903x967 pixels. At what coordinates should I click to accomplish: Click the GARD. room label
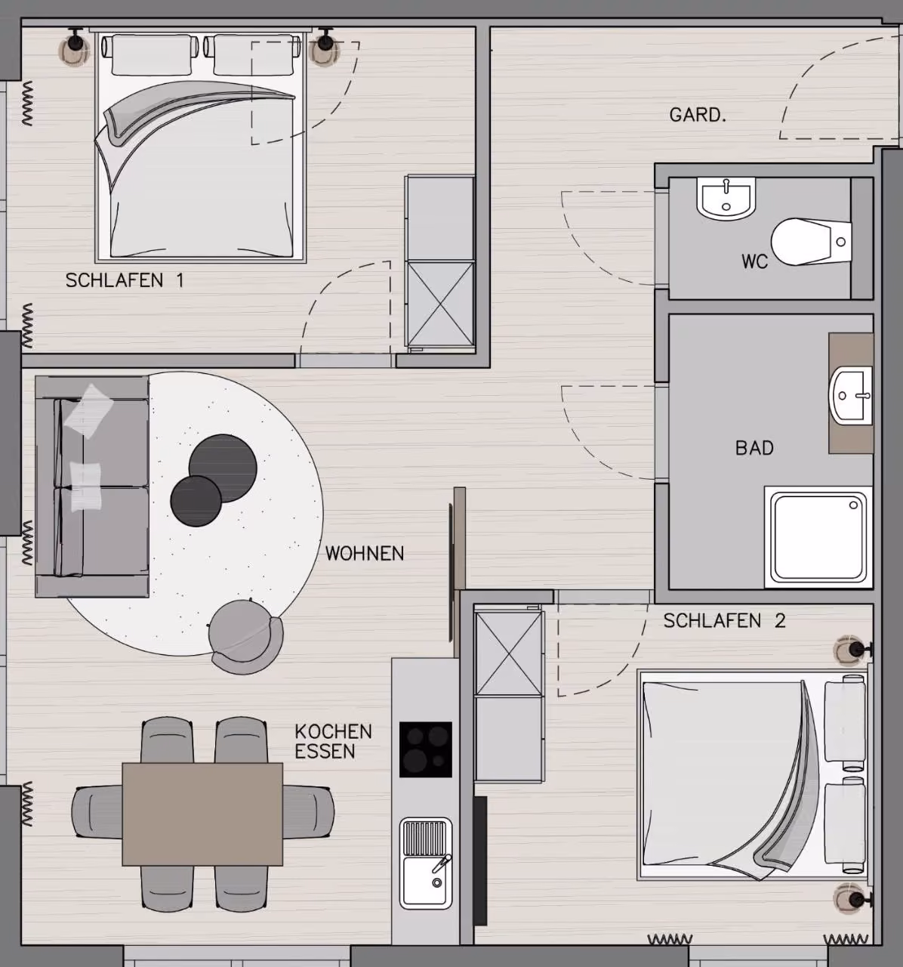tap(698, 115)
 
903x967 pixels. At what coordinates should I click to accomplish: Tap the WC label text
tap(754, 261)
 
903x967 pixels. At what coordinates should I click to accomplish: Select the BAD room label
tap(754, 448)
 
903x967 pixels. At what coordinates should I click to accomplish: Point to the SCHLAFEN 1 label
tap(125, 280)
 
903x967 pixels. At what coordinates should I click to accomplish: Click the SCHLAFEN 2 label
tap(724, 621)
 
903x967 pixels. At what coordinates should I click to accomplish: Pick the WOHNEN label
tap(365, 554)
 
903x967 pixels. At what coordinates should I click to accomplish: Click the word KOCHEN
tap(333, 731)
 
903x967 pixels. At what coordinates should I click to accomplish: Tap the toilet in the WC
tap(811, 242)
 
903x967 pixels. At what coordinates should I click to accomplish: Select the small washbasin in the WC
tap(726, 199)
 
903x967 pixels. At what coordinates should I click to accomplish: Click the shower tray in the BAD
tap(818, 538)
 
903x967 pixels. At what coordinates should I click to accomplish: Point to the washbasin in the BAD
tap(851, 395)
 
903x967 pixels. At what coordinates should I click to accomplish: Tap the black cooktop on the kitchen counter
tap(426, 750)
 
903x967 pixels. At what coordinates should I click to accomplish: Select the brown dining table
tap(202, 814)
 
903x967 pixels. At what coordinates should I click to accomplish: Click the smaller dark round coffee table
tap(196, 501)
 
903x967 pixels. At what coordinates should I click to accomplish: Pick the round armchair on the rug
tap(245, 636)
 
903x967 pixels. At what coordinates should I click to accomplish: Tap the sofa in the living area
tap(92, 487)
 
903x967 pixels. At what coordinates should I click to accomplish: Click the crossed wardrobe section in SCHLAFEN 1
tap(440, 304)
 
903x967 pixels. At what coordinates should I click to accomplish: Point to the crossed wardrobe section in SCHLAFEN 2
tap(509, 653)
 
